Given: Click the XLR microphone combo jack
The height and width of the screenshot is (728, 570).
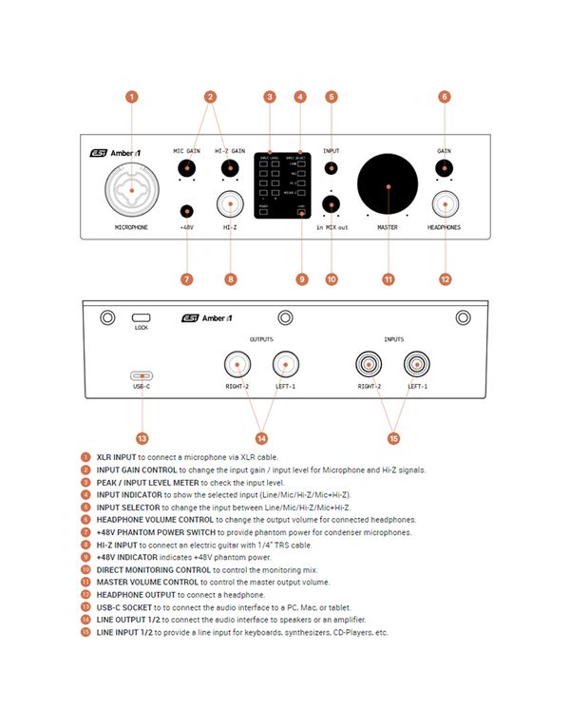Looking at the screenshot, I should (x=131, y=187).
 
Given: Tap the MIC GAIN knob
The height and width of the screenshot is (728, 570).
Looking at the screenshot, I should (x=186, y=168).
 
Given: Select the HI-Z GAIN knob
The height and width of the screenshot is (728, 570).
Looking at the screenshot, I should (x=229, y=168).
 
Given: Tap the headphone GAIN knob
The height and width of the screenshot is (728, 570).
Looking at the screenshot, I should (x=444, y=168).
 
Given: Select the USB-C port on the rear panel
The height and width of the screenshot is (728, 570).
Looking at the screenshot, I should (x=142, y=375).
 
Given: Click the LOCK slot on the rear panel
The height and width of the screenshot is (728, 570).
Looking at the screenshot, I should (x=142, y=316).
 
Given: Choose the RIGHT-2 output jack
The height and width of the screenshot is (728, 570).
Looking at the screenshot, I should (x=237, y=364).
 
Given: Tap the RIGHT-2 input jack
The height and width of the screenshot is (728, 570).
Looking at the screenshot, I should (x=369, y=364).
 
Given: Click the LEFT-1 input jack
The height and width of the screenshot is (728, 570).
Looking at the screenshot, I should (x=418, y=364).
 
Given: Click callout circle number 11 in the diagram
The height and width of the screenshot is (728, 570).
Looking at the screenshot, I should (x=388, y=279).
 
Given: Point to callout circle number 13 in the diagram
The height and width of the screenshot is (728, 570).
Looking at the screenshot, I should (x=142, y=439).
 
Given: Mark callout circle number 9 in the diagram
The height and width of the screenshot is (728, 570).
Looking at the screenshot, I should (x=301, y=279).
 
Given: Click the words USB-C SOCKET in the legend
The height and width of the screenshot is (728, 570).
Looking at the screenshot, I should (x=126, y=607).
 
